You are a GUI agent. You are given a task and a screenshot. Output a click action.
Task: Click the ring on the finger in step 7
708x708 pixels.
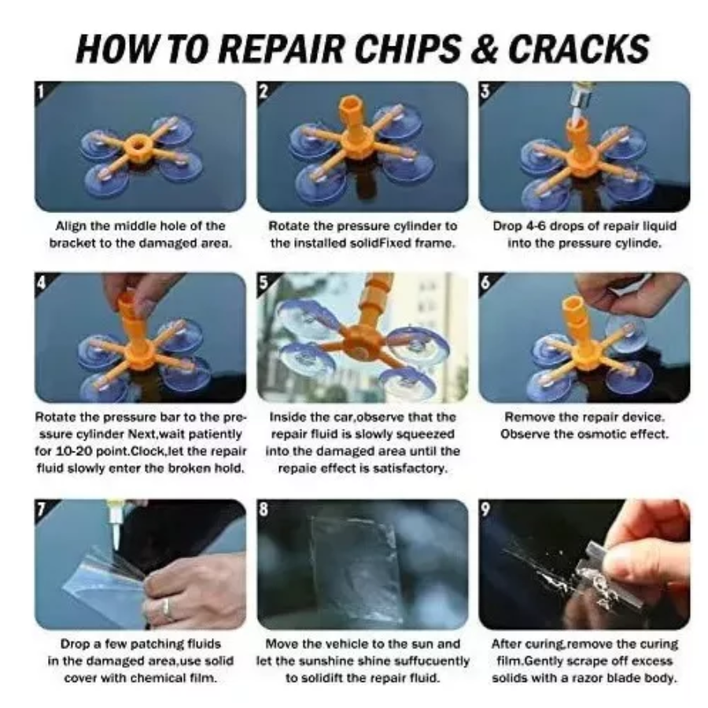click(166, 607)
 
